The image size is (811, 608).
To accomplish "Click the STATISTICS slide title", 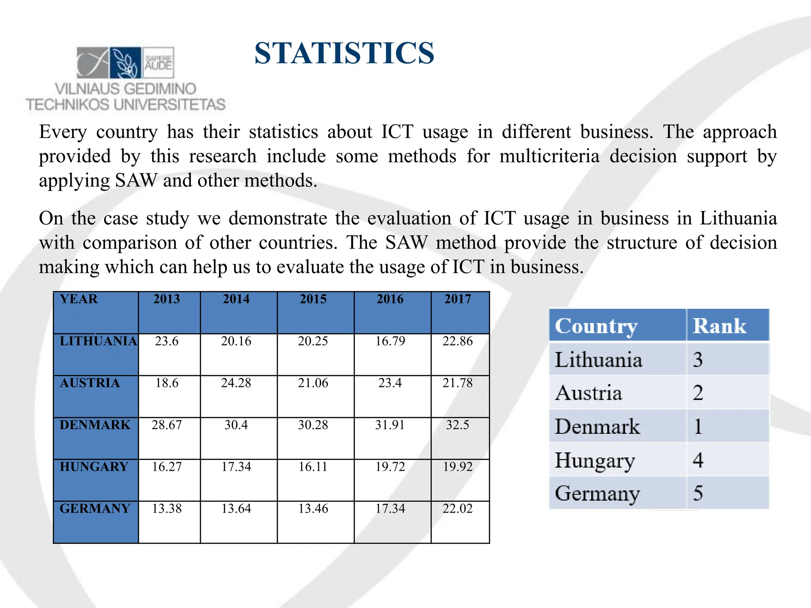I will click(x=344, y=53).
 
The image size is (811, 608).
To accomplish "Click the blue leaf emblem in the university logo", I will click(x=125, y=63).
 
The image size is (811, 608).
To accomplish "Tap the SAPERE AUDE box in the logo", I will click(x=158, y=63).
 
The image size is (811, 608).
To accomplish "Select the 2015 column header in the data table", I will click(x=313, y=299).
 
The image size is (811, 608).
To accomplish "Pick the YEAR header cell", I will click(x=78, y=299).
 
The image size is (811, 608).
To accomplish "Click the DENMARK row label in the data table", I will click(x=95, y=425).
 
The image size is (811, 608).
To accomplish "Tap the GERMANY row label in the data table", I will click(x=95, y=508).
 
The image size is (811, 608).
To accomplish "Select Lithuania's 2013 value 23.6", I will click(x=167, y=341).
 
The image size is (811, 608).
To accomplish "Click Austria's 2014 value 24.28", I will click(x=236, y=383).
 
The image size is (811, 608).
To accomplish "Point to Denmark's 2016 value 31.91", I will click(x=390, y=425).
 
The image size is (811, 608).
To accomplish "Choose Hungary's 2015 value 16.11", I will click(x=313, y=467).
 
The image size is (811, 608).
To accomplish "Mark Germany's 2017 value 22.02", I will click(x=457, y=508).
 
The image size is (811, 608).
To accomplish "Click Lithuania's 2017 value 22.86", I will click(x=457, y=341).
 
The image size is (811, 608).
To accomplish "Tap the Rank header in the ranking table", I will click(x=719, y=326).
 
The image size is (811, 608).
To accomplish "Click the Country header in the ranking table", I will click(x=596, y=326).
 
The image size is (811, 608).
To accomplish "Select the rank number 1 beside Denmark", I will click(x=698, y=427).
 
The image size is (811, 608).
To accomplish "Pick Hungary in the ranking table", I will click(x=595, y=460).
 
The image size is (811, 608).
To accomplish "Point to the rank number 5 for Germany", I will click(x=698, y=494).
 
